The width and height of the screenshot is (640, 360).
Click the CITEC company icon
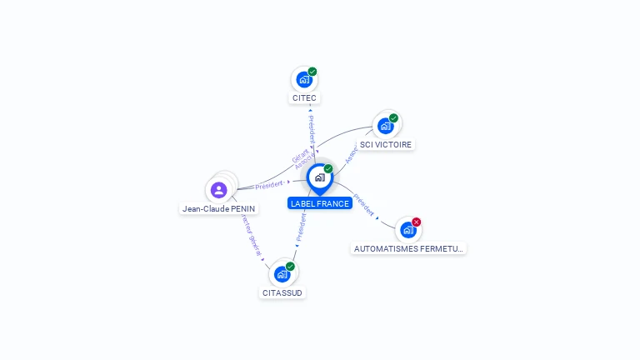(303, 80)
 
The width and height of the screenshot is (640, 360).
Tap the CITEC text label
(304, 98)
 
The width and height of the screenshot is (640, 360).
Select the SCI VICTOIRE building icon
(385, 126)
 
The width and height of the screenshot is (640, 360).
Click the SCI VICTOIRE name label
(386, 144)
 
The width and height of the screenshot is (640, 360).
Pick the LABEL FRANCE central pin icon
(319, 177)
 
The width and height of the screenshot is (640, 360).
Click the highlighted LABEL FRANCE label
(320, 203)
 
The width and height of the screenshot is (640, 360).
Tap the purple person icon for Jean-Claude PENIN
(219, 190)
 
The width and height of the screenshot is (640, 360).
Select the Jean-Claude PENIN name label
(219, 209)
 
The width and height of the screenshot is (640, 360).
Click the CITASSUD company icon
(282, 274)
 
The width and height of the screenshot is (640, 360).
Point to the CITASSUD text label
(282, 292)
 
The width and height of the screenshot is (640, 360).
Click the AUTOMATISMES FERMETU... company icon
(407, 230)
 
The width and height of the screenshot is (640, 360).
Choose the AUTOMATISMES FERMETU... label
(408, 248)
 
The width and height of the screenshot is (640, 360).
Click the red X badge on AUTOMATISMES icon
(417, 222)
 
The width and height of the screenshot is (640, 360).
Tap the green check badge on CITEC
(312, 72)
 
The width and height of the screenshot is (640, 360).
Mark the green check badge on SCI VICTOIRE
(393, 117)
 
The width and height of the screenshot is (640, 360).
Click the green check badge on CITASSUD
(290, 266)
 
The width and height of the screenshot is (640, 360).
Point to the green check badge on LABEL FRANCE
(328, 168)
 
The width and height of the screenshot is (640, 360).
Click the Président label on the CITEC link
(311, 129)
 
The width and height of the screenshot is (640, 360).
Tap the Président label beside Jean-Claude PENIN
(269, 184)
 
